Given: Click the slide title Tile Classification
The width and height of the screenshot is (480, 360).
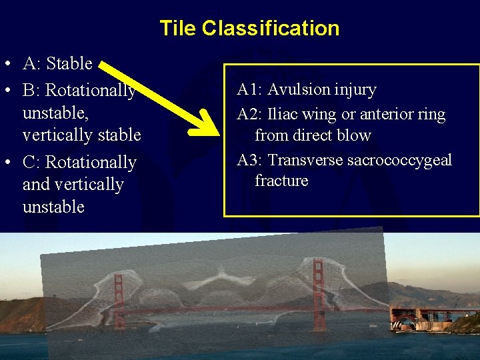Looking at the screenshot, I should coord(249,29).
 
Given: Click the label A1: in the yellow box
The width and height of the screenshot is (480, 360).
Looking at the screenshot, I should coord(249,89).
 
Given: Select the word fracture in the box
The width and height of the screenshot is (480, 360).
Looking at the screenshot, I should coord(281,181).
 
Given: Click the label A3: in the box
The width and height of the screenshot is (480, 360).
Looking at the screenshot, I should coord(249,161).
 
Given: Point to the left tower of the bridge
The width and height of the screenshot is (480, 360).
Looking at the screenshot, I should coord(119,300).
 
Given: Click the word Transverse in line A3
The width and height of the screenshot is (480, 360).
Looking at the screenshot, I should coord(307,161).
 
